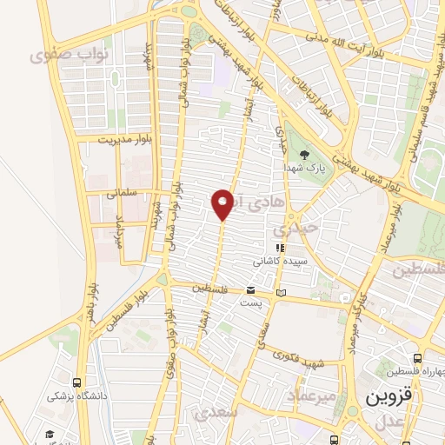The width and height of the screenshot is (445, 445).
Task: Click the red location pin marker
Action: tap(222, 203)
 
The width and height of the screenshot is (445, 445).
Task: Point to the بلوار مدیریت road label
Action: tap(124, 138)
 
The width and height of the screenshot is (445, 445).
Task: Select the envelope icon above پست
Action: tap(250, 290)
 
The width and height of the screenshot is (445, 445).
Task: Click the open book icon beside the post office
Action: tap(280, 293)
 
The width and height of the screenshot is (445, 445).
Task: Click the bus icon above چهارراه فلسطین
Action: tap(418, 357)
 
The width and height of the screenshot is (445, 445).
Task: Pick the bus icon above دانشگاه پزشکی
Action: tap(77, 381)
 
